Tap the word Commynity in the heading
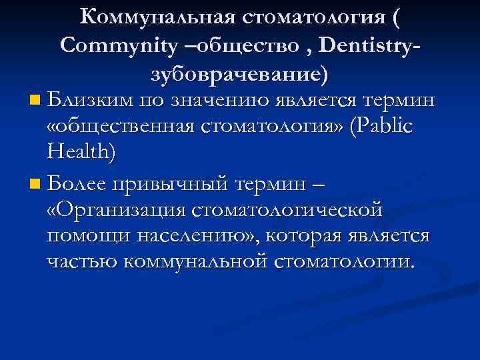pyautogui.click(x=109, y=45)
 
